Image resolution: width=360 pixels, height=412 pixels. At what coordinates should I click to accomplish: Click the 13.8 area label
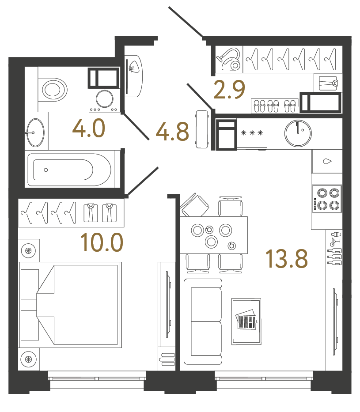click(x=286, y=259)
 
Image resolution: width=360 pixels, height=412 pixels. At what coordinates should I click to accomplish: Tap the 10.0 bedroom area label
click(x=101, y=242)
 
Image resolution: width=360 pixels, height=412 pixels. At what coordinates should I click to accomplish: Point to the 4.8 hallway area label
click(x=172, y=132)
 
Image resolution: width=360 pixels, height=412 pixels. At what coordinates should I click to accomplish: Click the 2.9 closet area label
click(x=228, y=91)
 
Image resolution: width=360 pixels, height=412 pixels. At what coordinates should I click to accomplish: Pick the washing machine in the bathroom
click(x=105, y=99)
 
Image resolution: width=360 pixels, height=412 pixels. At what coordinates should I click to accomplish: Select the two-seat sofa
click(x=203, y=321)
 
